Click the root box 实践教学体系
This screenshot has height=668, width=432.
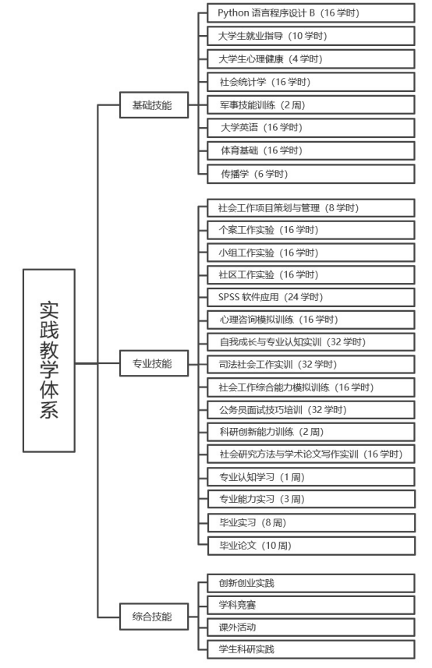49,360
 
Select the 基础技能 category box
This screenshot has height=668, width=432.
154,104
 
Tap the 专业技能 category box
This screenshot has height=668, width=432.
154,363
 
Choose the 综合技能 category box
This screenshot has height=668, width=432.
154,617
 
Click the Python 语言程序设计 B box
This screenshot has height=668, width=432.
311,12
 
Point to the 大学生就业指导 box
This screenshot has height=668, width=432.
311,36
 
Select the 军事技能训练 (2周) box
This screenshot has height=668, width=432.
311,104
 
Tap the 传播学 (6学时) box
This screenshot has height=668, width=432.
311,174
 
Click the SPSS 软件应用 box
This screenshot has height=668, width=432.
311,297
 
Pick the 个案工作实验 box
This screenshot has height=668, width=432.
311,230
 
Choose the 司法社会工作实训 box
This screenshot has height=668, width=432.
311,364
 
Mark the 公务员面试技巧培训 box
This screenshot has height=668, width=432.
311,410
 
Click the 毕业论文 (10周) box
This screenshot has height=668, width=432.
311,546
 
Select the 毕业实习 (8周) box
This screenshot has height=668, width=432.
311,523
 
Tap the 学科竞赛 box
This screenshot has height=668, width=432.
311,605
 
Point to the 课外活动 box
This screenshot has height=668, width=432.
311,627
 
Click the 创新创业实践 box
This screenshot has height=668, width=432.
311,583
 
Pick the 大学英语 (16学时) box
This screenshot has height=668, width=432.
311,128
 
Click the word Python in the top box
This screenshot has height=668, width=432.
233,13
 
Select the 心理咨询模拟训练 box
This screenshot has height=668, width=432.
311,320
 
